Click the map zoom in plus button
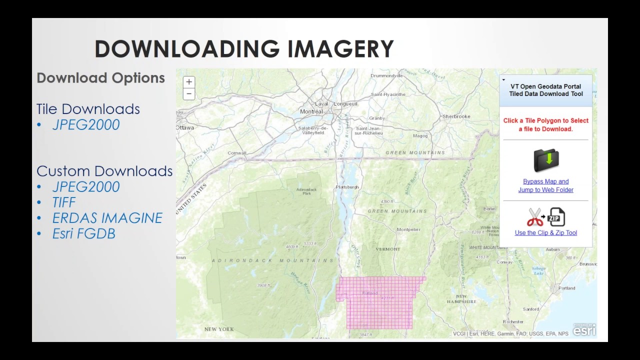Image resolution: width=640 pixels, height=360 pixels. (189, 82)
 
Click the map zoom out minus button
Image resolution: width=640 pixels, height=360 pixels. (189, 93)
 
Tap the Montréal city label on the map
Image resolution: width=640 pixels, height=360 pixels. (311, 111)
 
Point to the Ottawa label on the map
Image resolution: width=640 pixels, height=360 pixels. (185, 127)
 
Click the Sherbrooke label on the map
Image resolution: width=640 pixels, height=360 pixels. (456, 116)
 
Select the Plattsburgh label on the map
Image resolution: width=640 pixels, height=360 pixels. (347, 187)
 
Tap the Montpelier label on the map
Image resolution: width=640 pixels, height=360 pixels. (408, 229)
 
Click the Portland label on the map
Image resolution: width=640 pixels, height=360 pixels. (566, 288)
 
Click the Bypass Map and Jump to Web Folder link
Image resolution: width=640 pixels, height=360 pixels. (545, 185)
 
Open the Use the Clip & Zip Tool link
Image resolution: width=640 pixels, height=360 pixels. (545, 233)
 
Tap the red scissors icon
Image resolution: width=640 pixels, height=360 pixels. (535, 217)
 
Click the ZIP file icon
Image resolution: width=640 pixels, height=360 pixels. (556, 217)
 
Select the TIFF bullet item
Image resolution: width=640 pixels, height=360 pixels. (64, 202)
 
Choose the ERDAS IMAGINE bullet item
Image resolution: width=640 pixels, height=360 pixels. (107, 218)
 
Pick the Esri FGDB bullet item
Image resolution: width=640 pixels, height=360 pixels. (83, 233)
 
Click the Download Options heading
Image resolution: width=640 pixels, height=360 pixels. (100, 78)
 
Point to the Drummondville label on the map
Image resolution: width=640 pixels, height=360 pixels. (386, 76)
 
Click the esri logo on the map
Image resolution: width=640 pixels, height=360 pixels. (584, 330)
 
